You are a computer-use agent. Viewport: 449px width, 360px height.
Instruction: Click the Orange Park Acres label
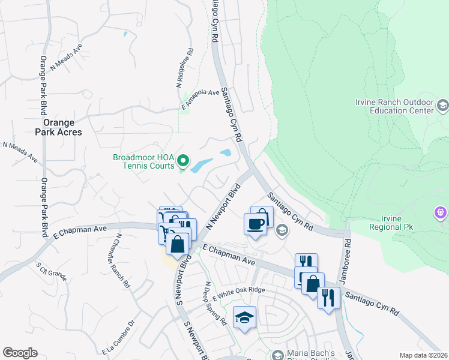[41, 127]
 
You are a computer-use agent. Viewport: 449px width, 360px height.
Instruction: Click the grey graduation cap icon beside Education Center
[442, 106]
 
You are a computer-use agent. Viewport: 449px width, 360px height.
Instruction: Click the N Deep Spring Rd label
[215, 304]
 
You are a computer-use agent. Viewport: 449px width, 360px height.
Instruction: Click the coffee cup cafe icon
[255, 223]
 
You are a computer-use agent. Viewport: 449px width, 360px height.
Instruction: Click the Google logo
[20, 353]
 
